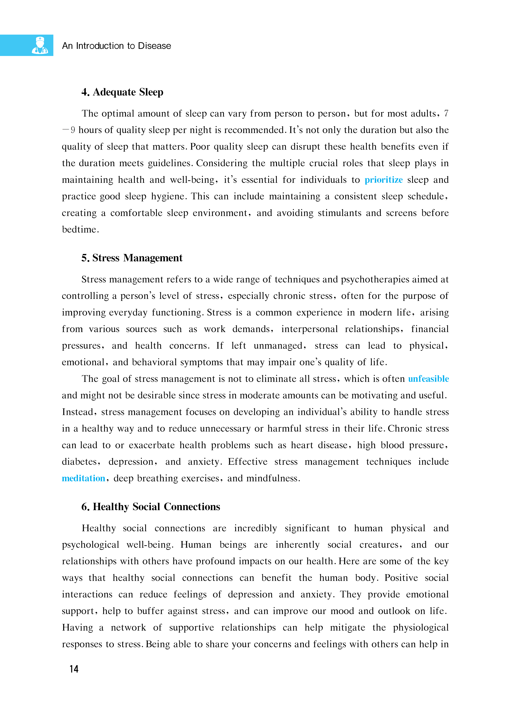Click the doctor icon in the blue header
[40, 45]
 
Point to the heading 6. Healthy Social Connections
[151, 507]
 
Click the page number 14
[74, 669]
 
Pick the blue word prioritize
[384, 180]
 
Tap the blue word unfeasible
[428, 379]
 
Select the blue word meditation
[83, 478]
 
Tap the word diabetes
[81, 462]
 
